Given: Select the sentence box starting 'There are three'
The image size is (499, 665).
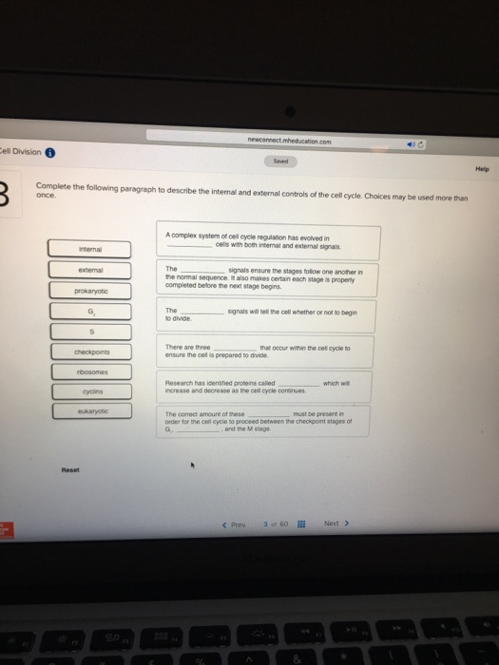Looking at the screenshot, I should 271,354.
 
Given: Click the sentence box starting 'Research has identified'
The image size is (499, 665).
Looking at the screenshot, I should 271,390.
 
